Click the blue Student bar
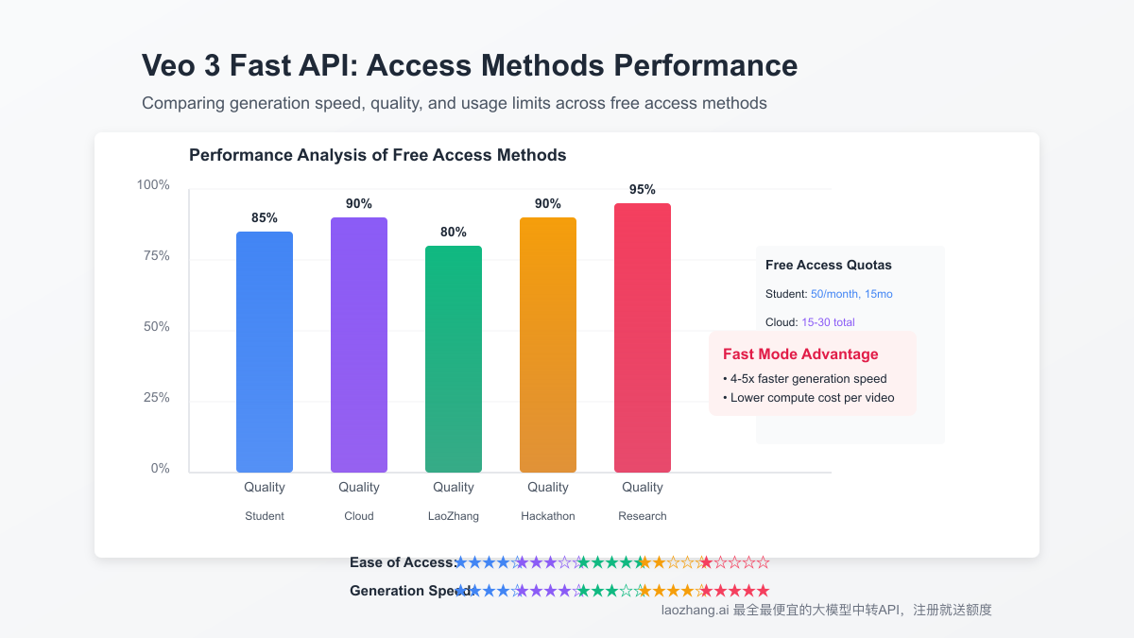pos(265,352)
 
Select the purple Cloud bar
pos(359,345)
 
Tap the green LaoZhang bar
pos(454,359)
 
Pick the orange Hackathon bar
pos(548,345)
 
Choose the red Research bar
pos(643,337)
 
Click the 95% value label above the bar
pos(643,189)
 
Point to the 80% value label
pos(454,232)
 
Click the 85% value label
pos(265,217)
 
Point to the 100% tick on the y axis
pos(153,184)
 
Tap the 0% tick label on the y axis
pos(160,468)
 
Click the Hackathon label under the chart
pos(548,516)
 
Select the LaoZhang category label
pos(454,516)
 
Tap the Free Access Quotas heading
pos(829,265)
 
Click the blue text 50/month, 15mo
pos(851,294)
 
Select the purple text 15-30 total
pos(828,322)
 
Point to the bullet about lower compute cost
pos(808,397)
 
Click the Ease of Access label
pos(403,562)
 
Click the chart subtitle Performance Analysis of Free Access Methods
pos(378,155)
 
